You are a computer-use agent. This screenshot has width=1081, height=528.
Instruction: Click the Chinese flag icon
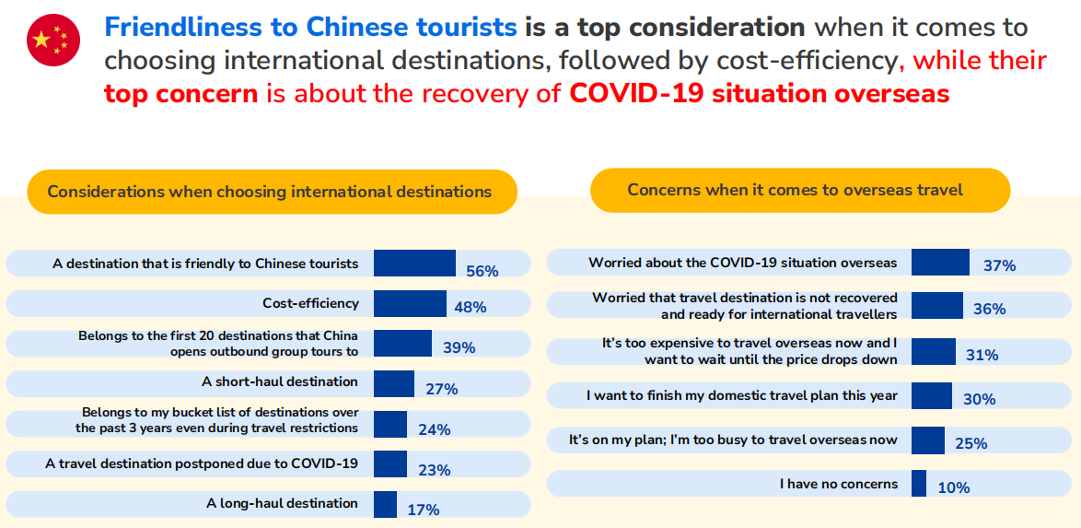click(x=53, y=40)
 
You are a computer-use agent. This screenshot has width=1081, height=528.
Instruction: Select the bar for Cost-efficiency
click(x=410, y=304)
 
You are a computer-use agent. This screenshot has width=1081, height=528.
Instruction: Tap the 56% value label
click(x=482, y=271)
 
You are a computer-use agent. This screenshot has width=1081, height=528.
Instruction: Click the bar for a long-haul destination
click(x=386, y=504)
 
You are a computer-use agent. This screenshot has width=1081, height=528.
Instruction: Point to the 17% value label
click(x=424, y=510)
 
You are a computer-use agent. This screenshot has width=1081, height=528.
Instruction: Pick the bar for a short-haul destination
click(x=394, y=383)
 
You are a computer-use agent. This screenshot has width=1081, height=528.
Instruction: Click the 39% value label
click(x=459, y=348)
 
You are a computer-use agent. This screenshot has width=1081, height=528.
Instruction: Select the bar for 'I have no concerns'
click(x=919, y=483)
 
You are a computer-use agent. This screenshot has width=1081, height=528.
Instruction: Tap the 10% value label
click(x=953, y=487)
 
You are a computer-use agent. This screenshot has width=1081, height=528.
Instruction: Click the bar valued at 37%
click(x=940, y=263)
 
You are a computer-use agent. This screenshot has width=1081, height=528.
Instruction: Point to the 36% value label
click(x=990, y=310)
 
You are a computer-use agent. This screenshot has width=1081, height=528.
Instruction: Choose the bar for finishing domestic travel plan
click(x=932, y=396)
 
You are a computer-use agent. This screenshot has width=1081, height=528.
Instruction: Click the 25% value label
click(x=972, y=443)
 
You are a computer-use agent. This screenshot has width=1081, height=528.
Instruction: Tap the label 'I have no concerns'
click(x=839, y=484)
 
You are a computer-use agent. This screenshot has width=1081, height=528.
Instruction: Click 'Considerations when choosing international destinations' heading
click(x=270, y=191)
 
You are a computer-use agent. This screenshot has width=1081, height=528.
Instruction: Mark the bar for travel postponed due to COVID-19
click(x=390, y=463)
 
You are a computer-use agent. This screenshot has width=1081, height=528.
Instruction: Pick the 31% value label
click(x=982, y=356)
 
